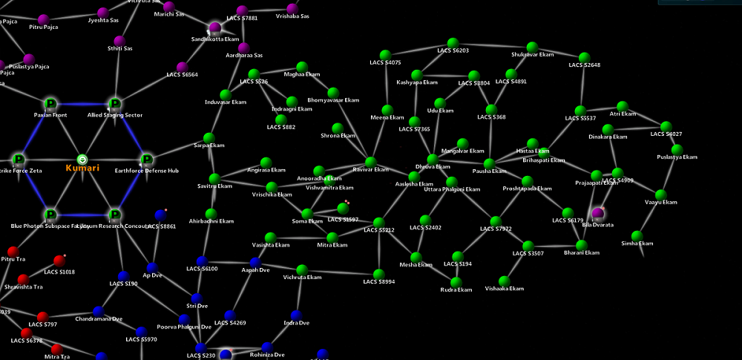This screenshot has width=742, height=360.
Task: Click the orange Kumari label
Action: [x=82, y=169]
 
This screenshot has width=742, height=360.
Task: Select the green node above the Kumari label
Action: [x=82, y=160]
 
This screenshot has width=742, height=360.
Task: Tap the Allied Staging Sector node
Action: [x=114, y=104]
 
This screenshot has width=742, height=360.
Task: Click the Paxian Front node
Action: [x=50, y=104]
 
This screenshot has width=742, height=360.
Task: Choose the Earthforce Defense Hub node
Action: [x=147, y=160]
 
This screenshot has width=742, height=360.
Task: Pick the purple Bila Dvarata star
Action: [x=598, y=214]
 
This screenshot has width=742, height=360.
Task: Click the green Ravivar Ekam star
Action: [x=370, y=161]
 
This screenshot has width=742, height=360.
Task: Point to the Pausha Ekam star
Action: [x=488, y=163]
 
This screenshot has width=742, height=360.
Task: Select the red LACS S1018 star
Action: [x=59, y=261]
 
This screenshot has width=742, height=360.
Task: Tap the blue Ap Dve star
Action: [x=151, y=266]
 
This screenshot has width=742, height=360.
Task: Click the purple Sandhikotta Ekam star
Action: [x=215, y=28]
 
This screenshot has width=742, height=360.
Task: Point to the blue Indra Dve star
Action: [x=296, y=315]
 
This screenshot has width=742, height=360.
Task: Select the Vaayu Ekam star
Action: [x=660, y=194]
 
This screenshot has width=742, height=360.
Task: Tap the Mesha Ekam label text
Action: [x=416, y=265]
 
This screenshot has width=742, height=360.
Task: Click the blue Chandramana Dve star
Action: [x=98, y=310]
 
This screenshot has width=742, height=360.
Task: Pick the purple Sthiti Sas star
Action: [x=119, y=40]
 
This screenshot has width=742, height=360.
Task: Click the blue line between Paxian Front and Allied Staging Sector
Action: [x=82, y=104]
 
